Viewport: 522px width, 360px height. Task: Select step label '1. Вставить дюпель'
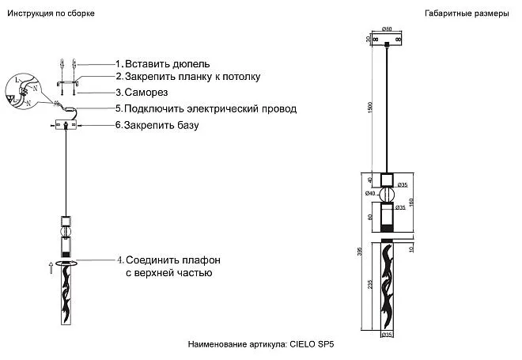[163, 63]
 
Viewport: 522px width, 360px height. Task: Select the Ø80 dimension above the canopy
[387, 29]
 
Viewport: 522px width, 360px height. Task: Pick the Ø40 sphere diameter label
[370, 194]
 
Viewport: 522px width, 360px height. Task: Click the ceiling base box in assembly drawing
[64, 125]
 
